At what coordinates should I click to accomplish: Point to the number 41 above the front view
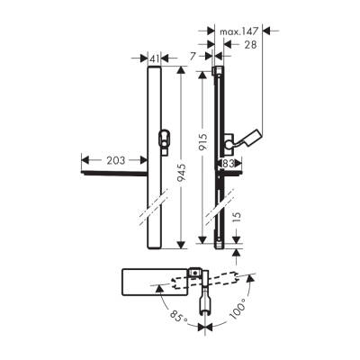154,58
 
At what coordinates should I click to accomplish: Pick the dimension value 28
250,44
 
